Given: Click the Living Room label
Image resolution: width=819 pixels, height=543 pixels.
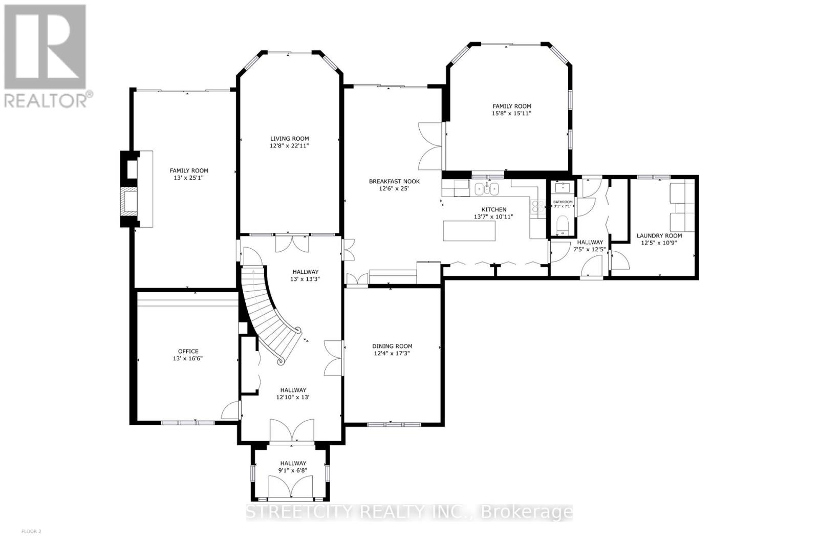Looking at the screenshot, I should (x=289, y=139).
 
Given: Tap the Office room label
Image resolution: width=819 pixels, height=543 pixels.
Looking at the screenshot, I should (x=188, y=351).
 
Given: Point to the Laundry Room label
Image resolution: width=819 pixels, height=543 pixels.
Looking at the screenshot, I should (x=659, y=236).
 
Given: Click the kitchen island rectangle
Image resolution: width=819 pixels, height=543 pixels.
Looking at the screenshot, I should (x=469, y=231).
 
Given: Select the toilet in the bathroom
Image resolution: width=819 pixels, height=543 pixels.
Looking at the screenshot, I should (x=562, y=224).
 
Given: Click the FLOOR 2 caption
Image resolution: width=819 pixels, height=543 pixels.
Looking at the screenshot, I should (x=31, y=532).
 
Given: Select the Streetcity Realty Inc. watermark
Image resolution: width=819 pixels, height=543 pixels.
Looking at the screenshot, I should (x=409, y=512).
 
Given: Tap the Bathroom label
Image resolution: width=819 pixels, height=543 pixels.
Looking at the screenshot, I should (x=563, y=202).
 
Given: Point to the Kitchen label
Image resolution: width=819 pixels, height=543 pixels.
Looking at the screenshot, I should (x=493, y=209).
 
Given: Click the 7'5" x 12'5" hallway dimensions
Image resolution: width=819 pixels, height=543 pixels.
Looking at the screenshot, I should (x=590, y=250).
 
